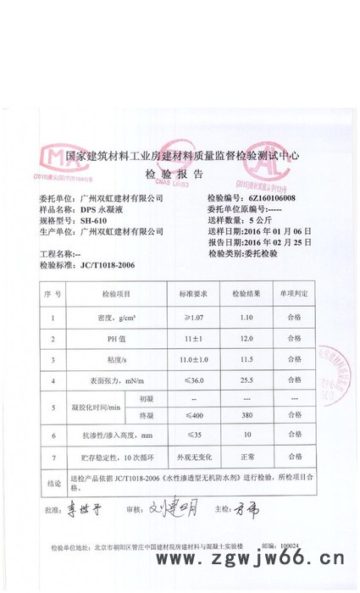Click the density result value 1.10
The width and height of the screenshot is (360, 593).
click(246, 318)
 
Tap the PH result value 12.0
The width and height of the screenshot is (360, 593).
click(246, 339)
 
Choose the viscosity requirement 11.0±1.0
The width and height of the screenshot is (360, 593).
click(193, 360)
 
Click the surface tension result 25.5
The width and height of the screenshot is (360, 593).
click(246, 381)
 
